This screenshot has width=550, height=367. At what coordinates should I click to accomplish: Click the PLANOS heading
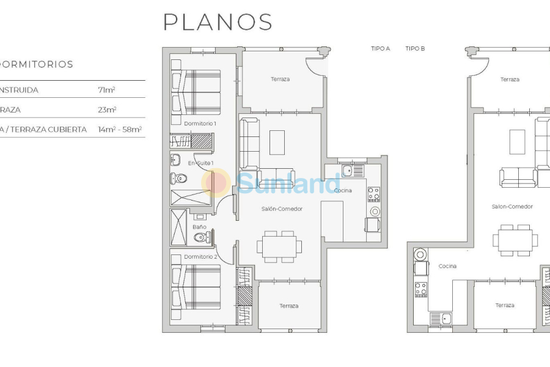click(218, 22)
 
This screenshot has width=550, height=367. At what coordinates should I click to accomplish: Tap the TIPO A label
click(380, 48)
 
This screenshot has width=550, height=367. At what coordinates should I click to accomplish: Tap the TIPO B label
click(415, 48)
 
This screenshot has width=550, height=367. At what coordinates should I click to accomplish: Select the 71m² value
click(107, 90)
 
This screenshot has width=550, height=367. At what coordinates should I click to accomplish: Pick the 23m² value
click(107, 110)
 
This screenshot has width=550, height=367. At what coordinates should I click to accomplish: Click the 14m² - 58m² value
click(120, 130)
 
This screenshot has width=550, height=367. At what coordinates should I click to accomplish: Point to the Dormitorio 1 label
click(200, 124)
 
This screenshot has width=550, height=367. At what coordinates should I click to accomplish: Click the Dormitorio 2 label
click(200, 257)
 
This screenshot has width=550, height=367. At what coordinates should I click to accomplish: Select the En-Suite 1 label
click(200, 163)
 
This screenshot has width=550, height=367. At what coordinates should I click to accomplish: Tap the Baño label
click(199, 227)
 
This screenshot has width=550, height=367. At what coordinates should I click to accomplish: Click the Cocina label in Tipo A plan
click(343, 191)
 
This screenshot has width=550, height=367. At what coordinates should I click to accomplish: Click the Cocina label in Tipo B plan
click(447, 266)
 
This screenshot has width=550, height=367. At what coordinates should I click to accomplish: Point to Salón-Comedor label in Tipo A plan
click(282, 209)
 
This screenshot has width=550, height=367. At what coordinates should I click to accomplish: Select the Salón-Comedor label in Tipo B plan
click(512, 207)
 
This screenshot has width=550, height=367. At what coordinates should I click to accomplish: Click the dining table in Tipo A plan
click(279, 247)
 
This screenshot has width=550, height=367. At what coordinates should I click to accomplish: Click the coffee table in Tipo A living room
click(277, 142)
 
